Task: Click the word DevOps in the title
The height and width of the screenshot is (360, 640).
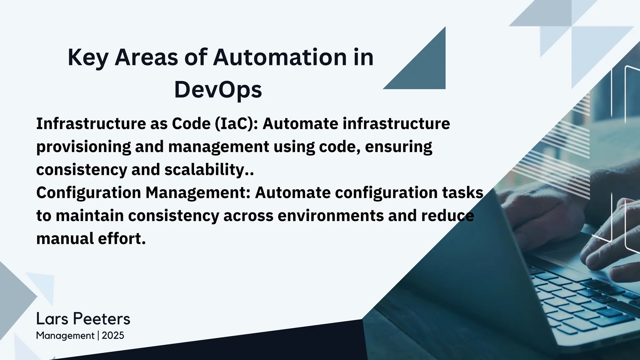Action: coord(218,90)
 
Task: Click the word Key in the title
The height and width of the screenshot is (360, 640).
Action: coord(88,57)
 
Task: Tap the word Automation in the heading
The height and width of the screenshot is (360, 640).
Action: coord(279,57)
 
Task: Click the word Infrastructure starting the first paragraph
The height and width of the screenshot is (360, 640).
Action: coord(91,123)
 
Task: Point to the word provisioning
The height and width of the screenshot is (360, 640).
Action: coord(83,147)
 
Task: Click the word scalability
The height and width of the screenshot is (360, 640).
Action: coord(208,170)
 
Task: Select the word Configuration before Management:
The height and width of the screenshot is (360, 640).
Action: coord(88,193)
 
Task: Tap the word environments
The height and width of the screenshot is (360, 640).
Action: coord(330,216)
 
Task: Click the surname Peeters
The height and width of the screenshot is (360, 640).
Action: coord(102,319)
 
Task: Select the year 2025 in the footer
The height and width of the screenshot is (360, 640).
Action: coord(113,336)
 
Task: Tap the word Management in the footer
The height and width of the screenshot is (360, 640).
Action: coord(65,336)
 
